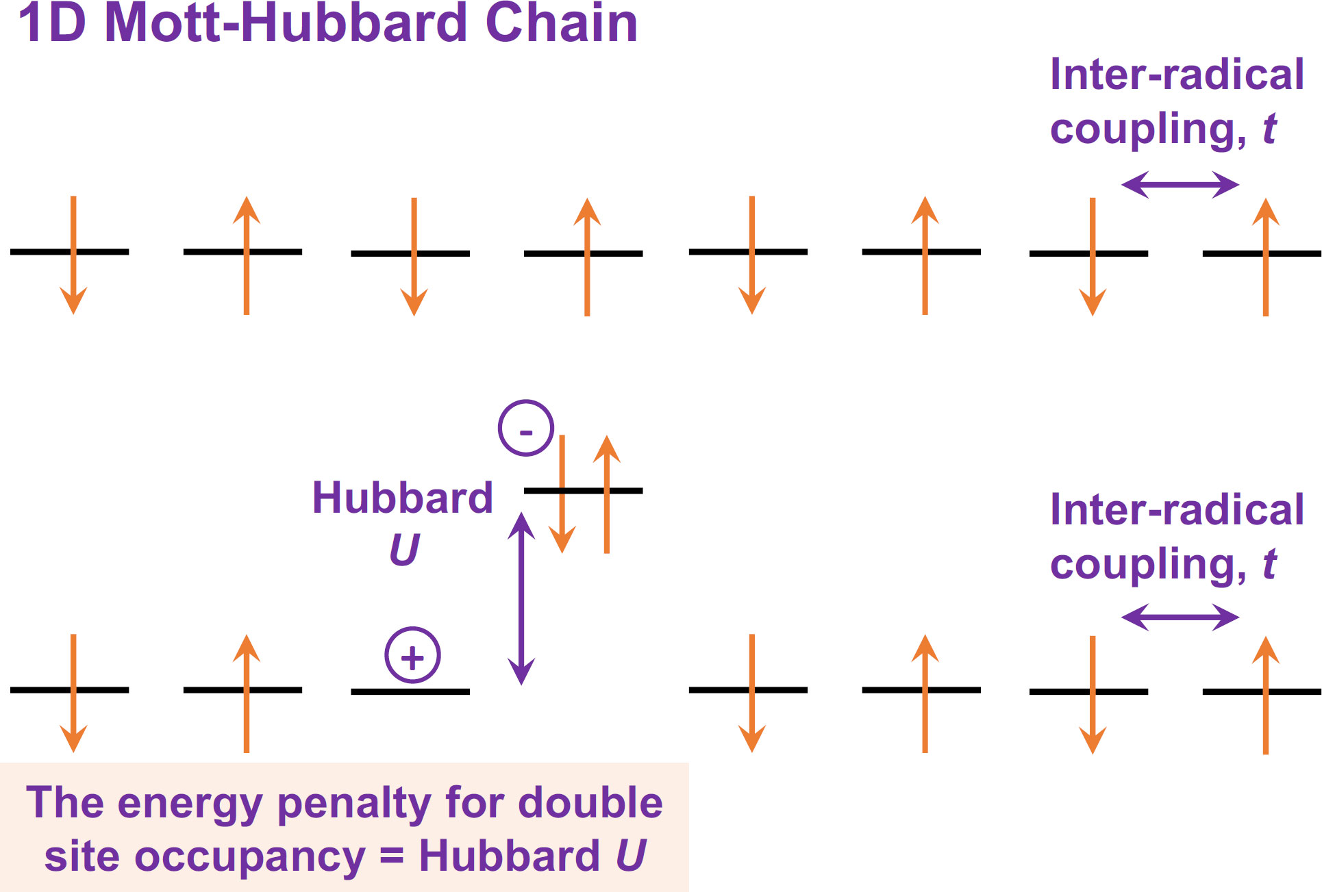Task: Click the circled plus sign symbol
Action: click(412, 656)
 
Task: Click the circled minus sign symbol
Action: click(525, 429)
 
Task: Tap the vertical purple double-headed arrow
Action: click(521, 598)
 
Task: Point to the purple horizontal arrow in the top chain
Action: click(1180, 185)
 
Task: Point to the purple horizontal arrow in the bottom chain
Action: click(1180, 617)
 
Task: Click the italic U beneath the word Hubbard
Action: click(404, 549)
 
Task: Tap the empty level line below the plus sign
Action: click(410, 691)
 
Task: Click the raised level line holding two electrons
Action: click(584, 491)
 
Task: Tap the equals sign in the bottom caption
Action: click(391, 856)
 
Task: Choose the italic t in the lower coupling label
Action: click(1269, 564)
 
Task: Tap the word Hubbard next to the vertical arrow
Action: click(403, 498)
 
